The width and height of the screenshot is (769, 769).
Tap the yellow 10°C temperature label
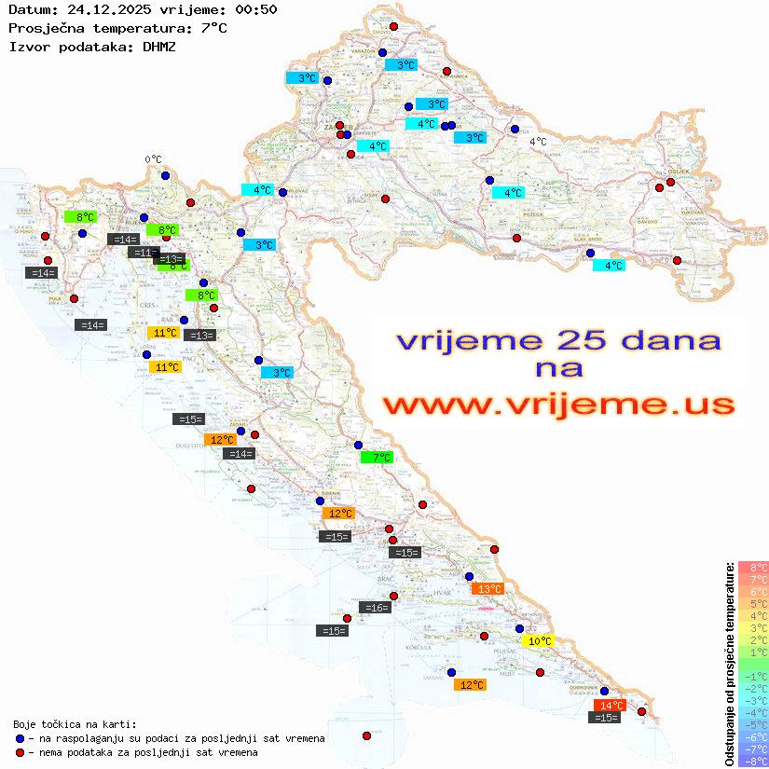(x=540, y=641)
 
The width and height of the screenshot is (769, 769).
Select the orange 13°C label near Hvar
(x=487, y=588)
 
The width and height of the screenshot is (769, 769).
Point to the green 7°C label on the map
(x=378, y=457)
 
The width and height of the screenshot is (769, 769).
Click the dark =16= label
(x=375, y=608)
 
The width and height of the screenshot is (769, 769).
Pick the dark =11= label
(x=144, y=253)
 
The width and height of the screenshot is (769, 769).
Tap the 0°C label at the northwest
(x=153, y=159)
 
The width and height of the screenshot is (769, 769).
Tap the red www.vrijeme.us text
(x=558, y=405)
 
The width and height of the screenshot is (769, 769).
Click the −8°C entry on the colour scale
(x=752, y=761)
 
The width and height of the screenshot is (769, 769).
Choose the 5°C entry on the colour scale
(x=752, y=603)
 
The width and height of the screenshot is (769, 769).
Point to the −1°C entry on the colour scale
(x=752, y=676)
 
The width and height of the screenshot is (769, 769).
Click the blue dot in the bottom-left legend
(x=20, y=738)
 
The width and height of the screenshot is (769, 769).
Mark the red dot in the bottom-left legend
(x=20, y=752)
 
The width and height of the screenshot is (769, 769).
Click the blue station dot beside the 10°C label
(x=519, y=628)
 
